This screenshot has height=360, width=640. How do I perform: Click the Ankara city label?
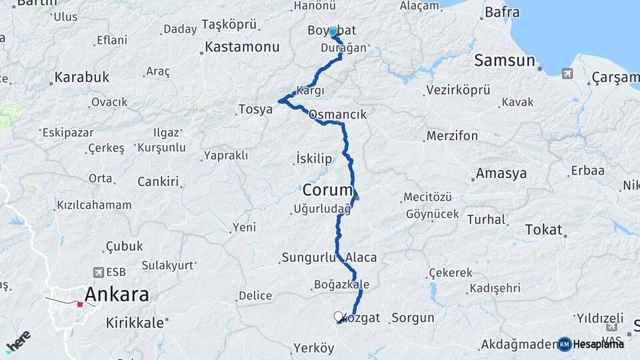click(117, 294)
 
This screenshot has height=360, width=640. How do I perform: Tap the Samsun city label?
click(505, 61)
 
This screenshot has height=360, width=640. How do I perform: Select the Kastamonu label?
click(242, 47)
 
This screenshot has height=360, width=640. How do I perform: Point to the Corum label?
click(327, 189)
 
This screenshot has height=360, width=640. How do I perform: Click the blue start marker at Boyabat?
click(333, 31)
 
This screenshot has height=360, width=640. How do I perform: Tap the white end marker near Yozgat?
click(338, 317)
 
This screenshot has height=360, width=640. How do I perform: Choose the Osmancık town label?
click(337, 115)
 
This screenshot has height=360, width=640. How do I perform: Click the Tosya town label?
click(256, 109)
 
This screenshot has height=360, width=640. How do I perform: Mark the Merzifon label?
click(452, 136)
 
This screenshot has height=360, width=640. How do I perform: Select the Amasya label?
click(501, 174)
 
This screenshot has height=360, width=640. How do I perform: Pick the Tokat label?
click(544, 230)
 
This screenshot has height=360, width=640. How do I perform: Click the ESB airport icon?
click(100, 272)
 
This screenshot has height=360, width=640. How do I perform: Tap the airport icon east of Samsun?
click(567, 73)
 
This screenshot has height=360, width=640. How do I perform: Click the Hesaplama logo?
click(591, 344)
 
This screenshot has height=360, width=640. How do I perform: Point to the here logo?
click(18, 341)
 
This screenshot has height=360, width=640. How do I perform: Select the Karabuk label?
click(81, 77)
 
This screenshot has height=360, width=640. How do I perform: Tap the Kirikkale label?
click(135, 323)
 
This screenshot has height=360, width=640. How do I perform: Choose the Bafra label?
click(502, 11)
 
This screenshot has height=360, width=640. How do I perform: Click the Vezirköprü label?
click(457, 89)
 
